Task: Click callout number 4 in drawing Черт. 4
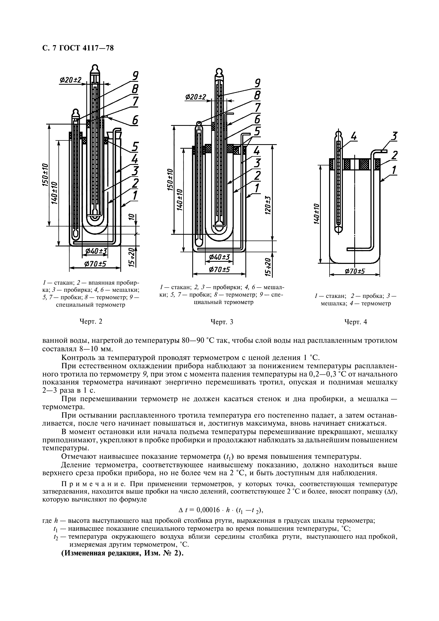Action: pos(354,137)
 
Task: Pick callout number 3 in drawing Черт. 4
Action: pos(394,136)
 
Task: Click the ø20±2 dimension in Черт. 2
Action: pos(71,80)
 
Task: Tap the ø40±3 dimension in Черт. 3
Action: pos(219,257)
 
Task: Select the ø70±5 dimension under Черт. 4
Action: pos(355,271)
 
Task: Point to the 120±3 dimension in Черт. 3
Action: pos(268,205)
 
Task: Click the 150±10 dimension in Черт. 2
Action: pos(45,175)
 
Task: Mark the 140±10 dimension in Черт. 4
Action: pos(317,214)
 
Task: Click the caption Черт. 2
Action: pos(91,322)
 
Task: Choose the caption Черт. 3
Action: pos(222,322)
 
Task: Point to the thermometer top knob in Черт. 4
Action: pos(338,134)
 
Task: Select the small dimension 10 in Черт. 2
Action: pos(131,217)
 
